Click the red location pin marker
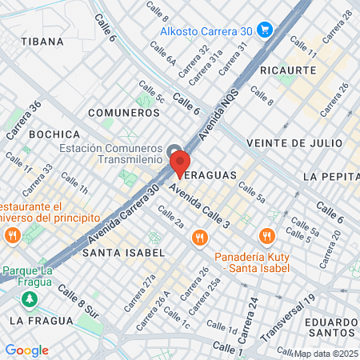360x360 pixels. (x=179, y=163)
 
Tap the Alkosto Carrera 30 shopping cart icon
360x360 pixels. (x=265, y=30)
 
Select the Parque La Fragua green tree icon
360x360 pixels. (x=30, y=298)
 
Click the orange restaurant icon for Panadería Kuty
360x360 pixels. (x=266, y=235)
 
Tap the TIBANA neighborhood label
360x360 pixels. (x=42, y=41)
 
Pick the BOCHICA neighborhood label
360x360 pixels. (x=54, y=134)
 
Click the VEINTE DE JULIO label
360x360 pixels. (x=294, y=142)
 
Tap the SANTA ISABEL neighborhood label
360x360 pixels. (x=123, y=252)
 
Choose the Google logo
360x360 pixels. (x=26, y=350)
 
